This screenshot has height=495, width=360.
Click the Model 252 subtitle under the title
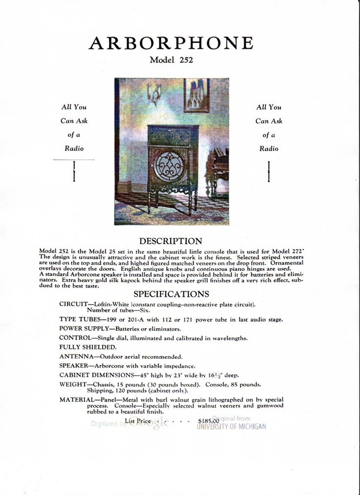tap(171, 60)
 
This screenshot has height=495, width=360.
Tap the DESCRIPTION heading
tap(170, 241)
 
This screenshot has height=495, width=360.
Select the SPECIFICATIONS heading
tap(171, 294)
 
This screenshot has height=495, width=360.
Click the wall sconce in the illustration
tap(154, 93)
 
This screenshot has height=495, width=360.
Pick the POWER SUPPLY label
tap(85, 329)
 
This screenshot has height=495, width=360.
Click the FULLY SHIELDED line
tap(88, 347)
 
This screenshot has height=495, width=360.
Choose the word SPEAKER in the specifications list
tap(73, 366)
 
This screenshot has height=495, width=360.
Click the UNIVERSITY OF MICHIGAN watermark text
tap(232, 426)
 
